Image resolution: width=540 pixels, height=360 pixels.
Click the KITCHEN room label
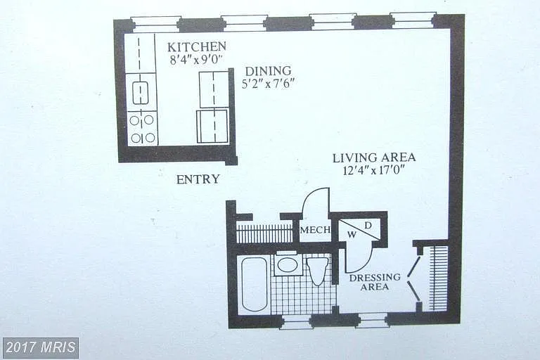coord(196,47)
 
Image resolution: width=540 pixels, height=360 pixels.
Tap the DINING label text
coord(268,70)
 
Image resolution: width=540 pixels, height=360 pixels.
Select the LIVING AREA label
coord(374,157)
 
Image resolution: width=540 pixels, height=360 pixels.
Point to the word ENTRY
coord(198,179)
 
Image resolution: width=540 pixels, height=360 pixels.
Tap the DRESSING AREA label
coord(375,282)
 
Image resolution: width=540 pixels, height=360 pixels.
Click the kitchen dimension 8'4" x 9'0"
coord(196,60)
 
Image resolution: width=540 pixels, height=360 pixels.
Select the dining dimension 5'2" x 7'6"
coord(268,82)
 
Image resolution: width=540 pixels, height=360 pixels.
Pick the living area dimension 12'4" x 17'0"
coord(374,170)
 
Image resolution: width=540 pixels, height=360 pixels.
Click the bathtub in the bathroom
coord(254,284)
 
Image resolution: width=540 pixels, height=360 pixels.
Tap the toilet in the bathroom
coord(318,270)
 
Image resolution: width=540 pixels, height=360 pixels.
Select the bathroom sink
coord(287,264)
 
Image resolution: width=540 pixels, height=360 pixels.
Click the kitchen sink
coord(141,92)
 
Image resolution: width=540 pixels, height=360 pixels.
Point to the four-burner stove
coord(141,129)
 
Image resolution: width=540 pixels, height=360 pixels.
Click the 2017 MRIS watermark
coord(41,347)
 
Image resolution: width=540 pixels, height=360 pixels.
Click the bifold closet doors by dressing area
coord(415,278)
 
